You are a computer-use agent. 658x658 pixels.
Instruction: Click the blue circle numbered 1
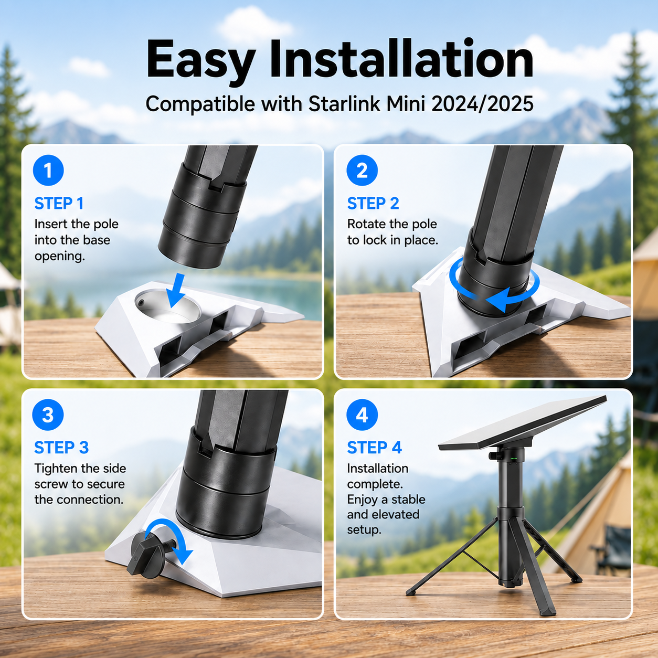(x=48, y=171)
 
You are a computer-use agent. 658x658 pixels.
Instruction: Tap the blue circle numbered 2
(x=362, y=171)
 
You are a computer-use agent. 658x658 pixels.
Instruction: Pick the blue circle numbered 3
(x=48, y=415)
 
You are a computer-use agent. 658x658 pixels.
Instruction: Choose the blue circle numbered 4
(x=362, y=415)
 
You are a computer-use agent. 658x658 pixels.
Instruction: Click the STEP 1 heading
(x=59, y=204)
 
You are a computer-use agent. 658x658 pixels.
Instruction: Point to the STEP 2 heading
(x=373, y=204)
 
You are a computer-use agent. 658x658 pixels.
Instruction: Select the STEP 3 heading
(x=61, y=447)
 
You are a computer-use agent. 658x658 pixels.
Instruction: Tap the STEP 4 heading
(x=374, y=447)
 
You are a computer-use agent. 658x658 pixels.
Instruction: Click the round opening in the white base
(x=168, y=306)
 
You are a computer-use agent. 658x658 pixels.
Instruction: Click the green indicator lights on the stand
(x=514, y=459)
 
